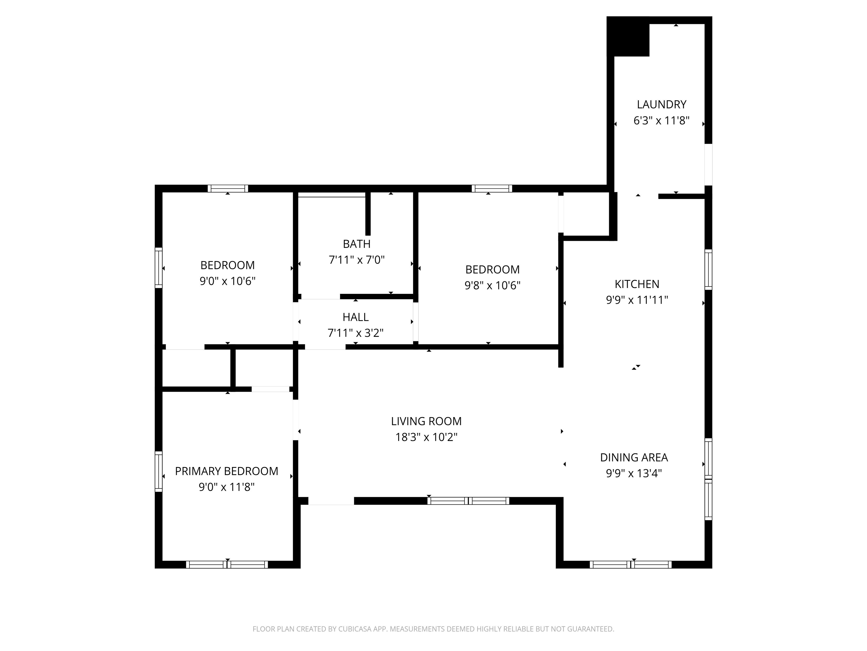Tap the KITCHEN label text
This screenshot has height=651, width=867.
point(637,284)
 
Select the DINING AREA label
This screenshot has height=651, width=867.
point(634,457)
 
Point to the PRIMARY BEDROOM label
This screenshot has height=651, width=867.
point(227,471)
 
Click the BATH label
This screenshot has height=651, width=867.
point(357,244)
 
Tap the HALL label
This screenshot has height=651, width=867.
point(356,317)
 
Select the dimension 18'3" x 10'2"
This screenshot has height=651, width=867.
point(426,437)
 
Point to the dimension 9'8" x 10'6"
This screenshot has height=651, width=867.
point(492,285)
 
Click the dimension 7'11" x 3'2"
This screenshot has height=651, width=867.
point(356,333)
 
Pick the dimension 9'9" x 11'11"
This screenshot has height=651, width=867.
point(637,300)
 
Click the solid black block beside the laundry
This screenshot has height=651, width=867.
point(628,36)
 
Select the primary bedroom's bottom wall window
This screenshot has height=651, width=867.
point(227,565)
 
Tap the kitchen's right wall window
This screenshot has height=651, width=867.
point(708,270)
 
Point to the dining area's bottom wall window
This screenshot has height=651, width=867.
point(631,565)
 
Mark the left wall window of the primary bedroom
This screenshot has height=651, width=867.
point(158,472)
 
